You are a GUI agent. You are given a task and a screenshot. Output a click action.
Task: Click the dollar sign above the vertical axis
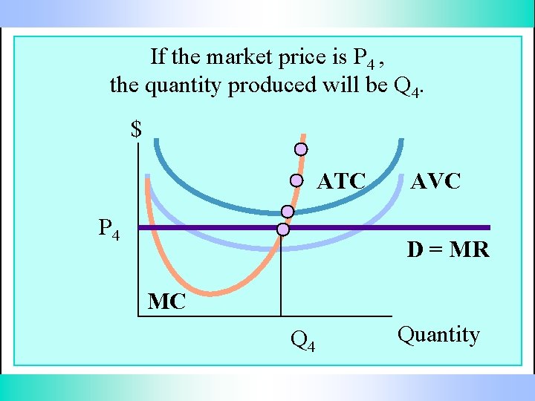pos(136,130)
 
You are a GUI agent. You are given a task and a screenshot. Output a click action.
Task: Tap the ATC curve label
pos(342,181)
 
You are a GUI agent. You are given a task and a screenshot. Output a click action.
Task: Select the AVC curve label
pos(436,181)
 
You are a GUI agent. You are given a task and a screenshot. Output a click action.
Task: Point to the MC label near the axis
pos(167,301)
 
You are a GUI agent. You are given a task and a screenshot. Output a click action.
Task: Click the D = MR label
pos(448,250)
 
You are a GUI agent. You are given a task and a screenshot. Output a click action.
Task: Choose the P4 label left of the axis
pos(109,229)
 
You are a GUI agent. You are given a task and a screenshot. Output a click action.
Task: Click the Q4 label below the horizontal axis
pos(302,341)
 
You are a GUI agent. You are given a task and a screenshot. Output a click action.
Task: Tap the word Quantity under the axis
pos(438,335)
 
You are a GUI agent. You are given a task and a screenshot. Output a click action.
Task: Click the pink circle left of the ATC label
pos(296,180)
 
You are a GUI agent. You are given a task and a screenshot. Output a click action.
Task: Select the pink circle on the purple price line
pos(282,229)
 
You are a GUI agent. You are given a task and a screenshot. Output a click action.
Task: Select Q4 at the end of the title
pos(407,88)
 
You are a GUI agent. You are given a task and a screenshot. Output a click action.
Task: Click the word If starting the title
pos(158,56)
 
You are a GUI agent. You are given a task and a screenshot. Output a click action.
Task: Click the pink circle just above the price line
pos(288,212)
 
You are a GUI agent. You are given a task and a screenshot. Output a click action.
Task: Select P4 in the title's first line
pos(365,58)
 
